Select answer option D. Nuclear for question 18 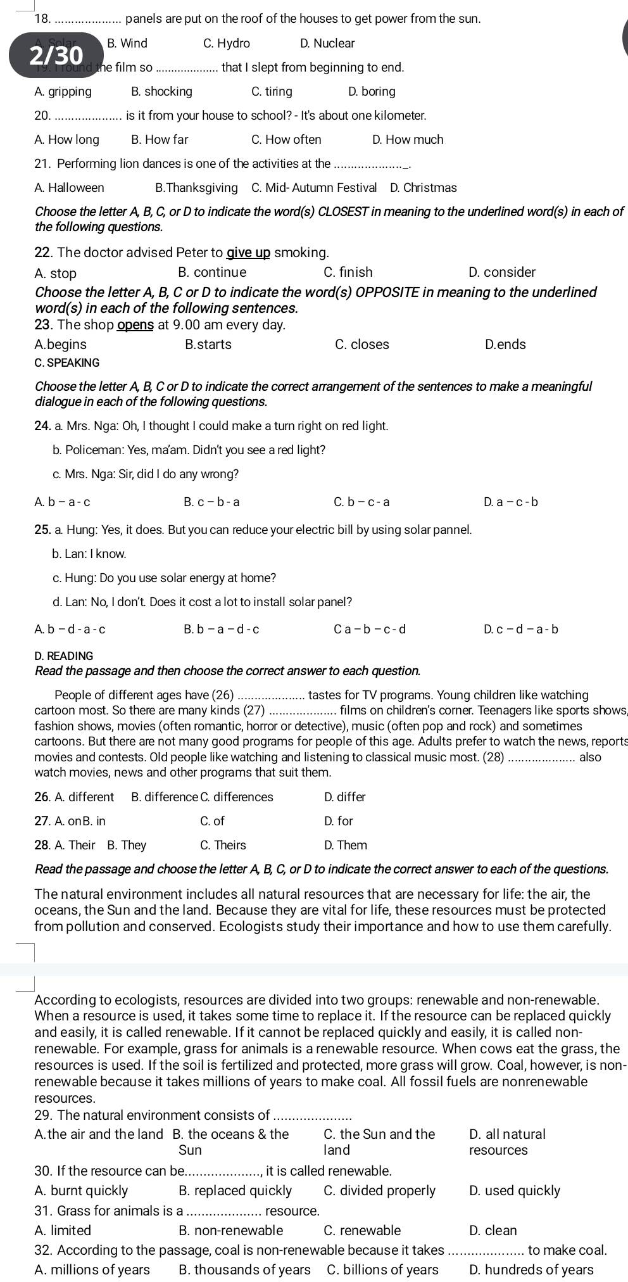(327, 44)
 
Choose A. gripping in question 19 (63, 92)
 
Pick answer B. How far (160, 139)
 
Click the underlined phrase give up (249, 253)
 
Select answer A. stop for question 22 (56, 273)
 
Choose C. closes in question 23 (361, 345)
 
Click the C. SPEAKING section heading (67, 363)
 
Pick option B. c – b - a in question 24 (211, 502)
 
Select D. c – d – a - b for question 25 (521, 629)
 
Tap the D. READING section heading (64, 656)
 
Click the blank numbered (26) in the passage (270, 695)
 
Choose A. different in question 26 (75, 797)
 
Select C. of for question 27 (212, 821)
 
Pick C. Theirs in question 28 (223, 845)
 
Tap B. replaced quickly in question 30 (235, 1191)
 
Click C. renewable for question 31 (362, 1231)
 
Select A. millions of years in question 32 (92, 1269)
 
